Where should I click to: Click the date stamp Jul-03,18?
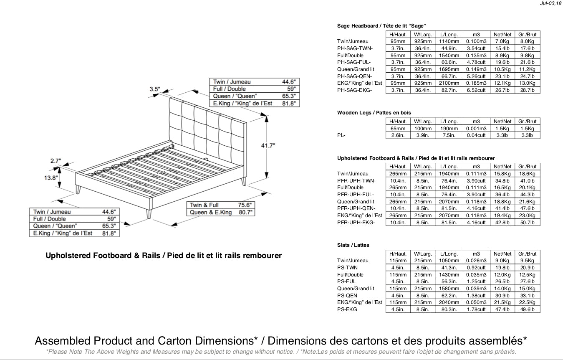550,3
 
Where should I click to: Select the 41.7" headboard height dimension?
268,145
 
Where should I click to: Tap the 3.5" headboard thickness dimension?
155,89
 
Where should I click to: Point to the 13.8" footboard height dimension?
50,177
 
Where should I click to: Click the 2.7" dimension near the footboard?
56,160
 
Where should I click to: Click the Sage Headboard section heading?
381,26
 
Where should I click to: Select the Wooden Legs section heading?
374,113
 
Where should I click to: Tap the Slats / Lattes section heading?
353,245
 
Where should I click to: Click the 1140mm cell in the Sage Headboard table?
449,41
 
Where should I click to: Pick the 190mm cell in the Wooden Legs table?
449,129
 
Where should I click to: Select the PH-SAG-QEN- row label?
354,76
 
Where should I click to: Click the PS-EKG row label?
347,309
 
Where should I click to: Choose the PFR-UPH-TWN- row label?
356,181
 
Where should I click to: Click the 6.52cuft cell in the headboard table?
476,90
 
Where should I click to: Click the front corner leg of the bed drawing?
148,213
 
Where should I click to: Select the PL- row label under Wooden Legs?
341,135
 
